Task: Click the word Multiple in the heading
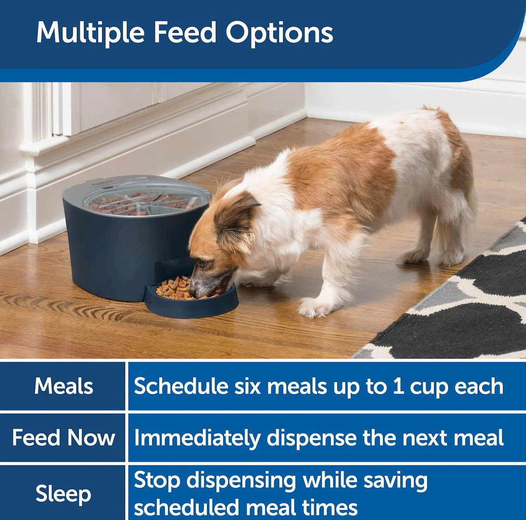coord(90,33)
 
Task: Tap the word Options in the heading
coord(279,34)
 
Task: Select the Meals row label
coord(64,386)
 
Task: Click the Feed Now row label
coord(63,438)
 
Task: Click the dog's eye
coord(202,262)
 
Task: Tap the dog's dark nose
coord(192,290)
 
